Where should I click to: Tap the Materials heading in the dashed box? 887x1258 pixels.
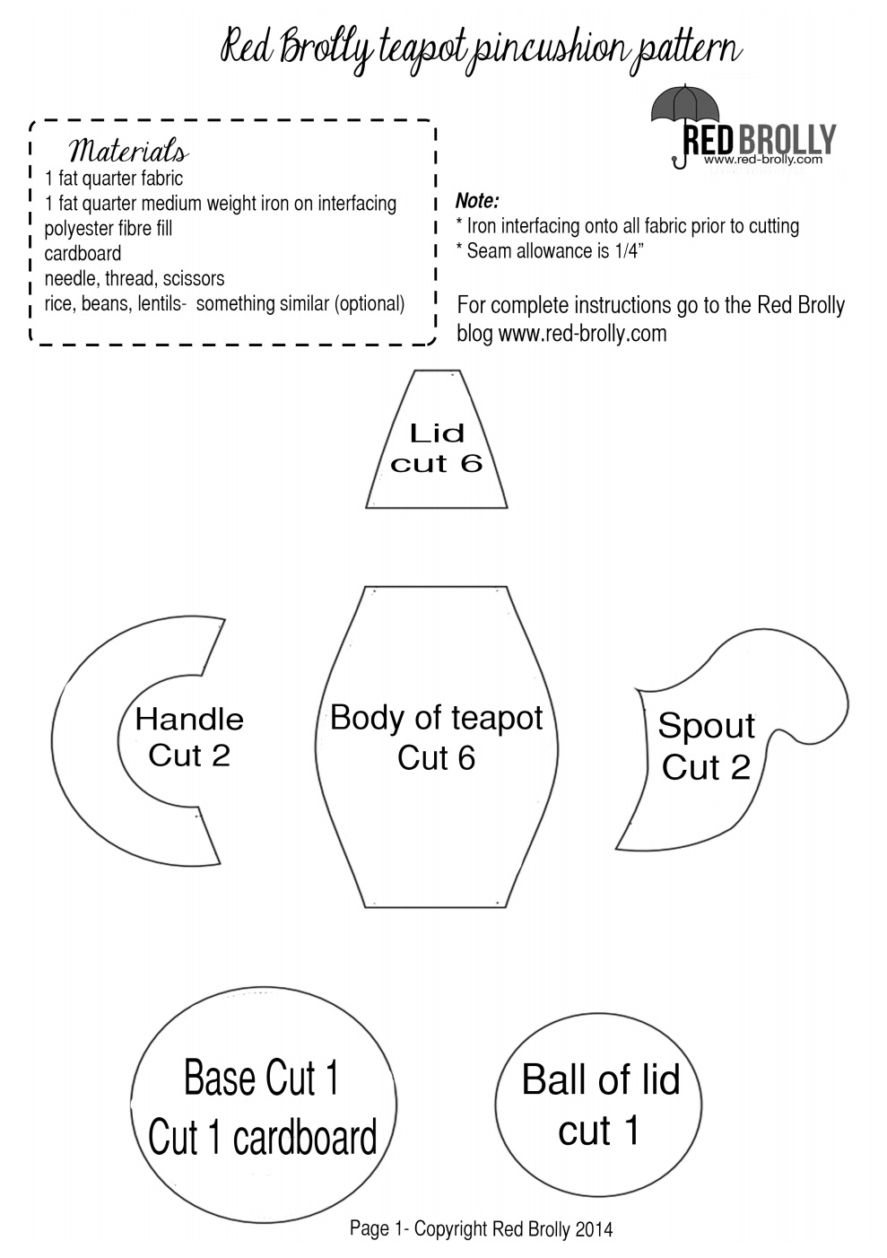pyautogui.click(x=128, y=150)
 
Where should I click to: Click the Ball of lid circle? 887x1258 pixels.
pyautogui.click(x=600, y=1105)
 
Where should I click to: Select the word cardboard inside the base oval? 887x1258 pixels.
pyautogui.click(x=305, y=1139)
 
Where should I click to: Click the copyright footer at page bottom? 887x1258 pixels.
pyautogui.click(x=481, y=1228)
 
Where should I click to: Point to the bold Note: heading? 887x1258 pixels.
pyautogui.click(x=477, y=200)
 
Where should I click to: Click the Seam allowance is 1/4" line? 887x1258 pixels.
pyautogui.click(x=555, y=251)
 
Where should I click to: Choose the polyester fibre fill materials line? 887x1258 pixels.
pyautogui.click(x=109, y=229)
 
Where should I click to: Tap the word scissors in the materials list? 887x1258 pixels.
pyautogui.click(x=194, y=279)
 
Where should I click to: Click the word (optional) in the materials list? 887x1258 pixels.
pyautogui.click(x=370, y=304)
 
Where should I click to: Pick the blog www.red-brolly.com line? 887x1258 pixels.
pyautogui.click(x=561, y=334)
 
